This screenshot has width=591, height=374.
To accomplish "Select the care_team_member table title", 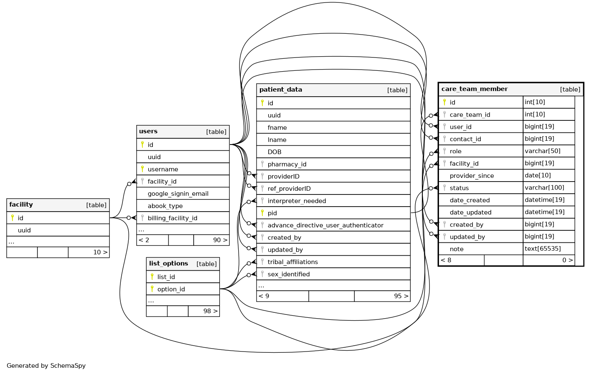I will tap(474, 89).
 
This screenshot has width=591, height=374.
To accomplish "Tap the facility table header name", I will tap(21, 204).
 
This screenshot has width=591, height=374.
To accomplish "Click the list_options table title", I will tap(169, 263).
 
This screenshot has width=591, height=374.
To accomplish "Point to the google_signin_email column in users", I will tap(178, 194).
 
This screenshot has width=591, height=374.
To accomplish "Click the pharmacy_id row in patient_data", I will tap(287, 164).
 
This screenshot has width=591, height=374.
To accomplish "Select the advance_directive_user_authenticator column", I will tap(325, 225).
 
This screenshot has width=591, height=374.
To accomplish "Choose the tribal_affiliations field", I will tap(292, 262).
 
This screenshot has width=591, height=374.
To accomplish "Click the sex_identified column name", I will tap(289, 274).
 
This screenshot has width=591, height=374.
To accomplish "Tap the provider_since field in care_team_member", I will tap(471, 176).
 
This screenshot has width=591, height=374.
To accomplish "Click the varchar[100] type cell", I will tap(544, 187).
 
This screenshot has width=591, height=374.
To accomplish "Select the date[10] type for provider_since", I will tap(538, 175).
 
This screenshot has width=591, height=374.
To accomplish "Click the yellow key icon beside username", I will tap(142, 169).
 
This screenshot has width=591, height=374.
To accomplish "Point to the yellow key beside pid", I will tap(262, 212).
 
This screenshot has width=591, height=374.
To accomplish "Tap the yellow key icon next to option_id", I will tap(152, 289).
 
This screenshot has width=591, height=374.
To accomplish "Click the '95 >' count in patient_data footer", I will tap(401, 296).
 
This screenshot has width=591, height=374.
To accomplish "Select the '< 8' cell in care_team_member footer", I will tap(446, 260).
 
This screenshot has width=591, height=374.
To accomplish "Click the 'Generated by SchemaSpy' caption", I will tap(46, 366).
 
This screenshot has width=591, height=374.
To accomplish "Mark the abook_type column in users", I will tap(165, 206).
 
